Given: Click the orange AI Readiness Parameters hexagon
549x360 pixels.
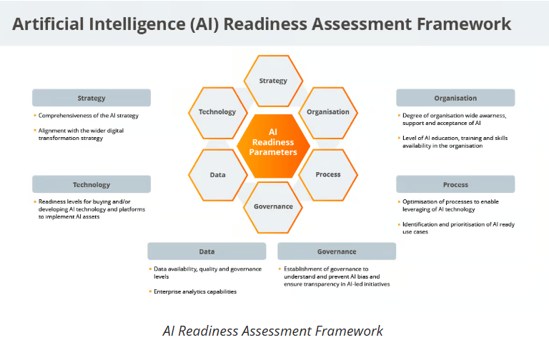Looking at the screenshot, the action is [273, 146].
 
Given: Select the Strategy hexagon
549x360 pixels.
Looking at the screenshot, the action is [273, 81].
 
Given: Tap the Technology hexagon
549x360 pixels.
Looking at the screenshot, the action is [218, 113].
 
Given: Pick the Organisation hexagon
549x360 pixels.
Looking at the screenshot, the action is [328, 113].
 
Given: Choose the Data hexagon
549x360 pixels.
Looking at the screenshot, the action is [218, 175].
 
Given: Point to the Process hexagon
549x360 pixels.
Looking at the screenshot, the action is [328, 175].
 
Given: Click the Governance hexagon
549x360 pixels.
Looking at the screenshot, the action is [273, 207].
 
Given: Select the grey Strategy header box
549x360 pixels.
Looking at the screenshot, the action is [91, 98].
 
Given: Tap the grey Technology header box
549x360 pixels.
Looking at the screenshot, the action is [91, 184].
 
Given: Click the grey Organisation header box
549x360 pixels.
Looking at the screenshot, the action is [455, 98].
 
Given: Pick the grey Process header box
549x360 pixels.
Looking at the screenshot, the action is [455, 184].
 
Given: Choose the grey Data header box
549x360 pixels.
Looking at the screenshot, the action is [207, 251].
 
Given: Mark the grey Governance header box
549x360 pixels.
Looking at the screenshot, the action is [337, 251].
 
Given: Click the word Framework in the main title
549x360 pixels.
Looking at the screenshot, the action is [464, 24].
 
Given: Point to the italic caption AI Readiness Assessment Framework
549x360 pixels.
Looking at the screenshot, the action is [273, 331].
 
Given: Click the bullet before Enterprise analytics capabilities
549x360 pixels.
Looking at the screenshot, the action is [150, 291].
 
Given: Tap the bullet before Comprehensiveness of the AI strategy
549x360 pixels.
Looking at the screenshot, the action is [35, 115].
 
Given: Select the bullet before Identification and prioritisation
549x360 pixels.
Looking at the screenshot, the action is [399, 224].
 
